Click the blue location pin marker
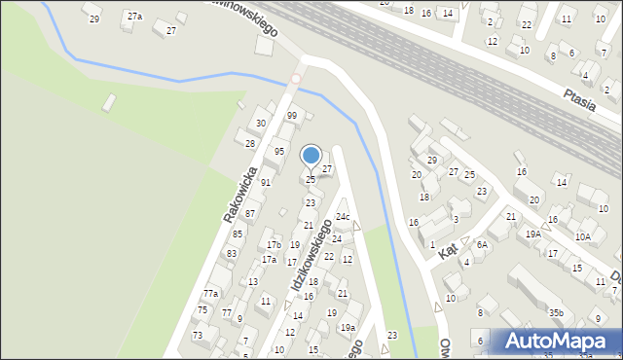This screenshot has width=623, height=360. [x=311, y=156]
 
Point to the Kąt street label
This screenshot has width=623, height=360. [x=448, y=250]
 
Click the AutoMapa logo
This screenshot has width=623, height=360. [x=556, y=342]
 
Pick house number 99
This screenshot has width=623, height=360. [x=291, y=116]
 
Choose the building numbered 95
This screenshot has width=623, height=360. [x=279, y=152]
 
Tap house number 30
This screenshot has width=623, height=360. [x=260, y=124]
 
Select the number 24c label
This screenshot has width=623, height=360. [x=343, y=216]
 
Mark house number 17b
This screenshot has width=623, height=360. [x=275, y=244]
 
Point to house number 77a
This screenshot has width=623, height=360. [x=210, y=293]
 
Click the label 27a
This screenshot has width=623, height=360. [x=134, y=17]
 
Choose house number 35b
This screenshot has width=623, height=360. [x=555, y=312]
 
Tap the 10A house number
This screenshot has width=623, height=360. [x=582, y=236]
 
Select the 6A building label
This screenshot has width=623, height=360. [x=481, y=245]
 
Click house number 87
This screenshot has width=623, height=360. [x=250, y=213]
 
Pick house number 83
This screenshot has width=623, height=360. [x=232, y=253]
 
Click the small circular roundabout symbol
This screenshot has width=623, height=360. [x=296, y=79]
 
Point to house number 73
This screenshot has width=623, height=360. [x=198, y=335]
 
